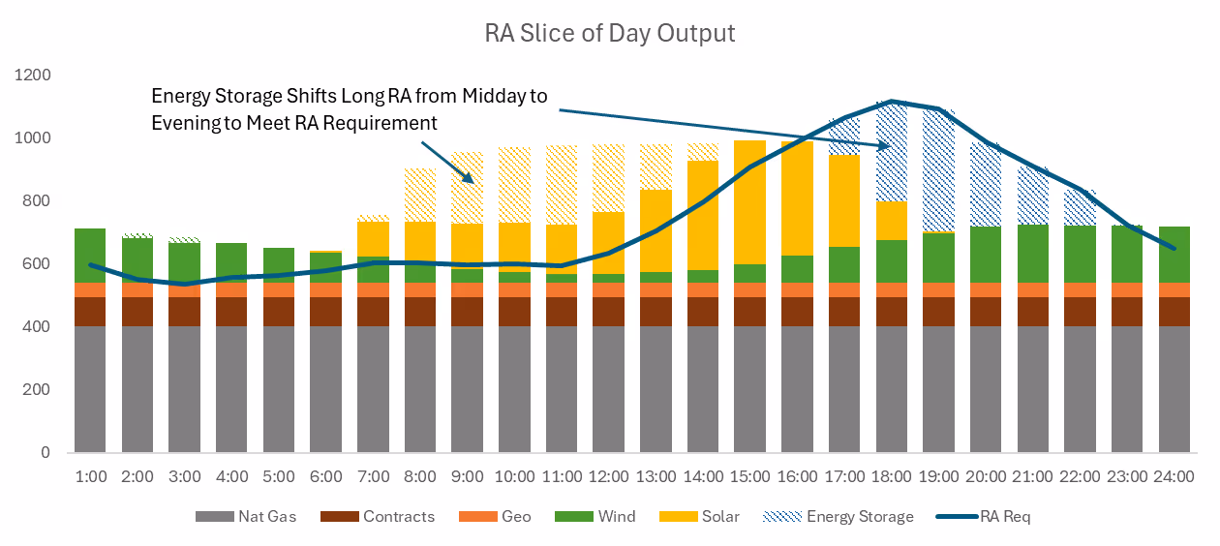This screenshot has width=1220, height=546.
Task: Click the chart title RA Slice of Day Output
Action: click(x=609, y=33)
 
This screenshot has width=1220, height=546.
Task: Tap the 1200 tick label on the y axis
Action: click(x=32, y=75)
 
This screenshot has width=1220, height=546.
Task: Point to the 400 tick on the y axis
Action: click(x=36, y=326)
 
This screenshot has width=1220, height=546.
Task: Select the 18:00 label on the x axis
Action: click(x=891, y=476)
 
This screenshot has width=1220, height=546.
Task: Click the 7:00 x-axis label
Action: click(x=373, y=476)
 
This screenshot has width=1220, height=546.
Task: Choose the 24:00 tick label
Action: click(x=1174, y=476)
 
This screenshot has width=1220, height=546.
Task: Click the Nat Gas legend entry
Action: click(x=246, y=516)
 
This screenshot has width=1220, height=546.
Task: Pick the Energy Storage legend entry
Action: click(x=839, y=516)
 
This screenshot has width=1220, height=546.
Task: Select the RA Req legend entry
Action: click(x=983, y=516)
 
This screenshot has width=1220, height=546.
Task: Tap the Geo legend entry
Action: click(x=495, y=516)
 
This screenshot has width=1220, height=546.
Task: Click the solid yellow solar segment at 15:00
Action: click(x=750, y=202)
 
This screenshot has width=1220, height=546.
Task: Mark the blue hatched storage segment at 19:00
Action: click(x=938, y=170)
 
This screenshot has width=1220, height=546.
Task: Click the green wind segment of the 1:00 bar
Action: click(x=90, y=256)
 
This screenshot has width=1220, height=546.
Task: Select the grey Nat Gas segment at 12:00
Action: click(x=608, y=389)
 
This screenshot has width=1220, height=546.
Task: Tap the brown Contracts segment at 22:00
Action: click(x=1080, y=312)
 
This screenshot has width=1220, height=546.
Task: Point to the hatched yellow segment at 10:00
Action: click(x=514, y=185)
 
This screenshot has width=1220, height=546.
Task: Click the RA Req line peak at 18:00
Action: click(x=892, y=102)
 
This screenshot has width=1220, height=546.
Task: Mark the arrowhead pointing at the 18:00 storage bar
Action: click(x=886, y=145)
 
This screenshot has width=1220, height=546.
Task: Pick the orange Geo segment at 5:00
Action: click(x=279, y=290)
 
